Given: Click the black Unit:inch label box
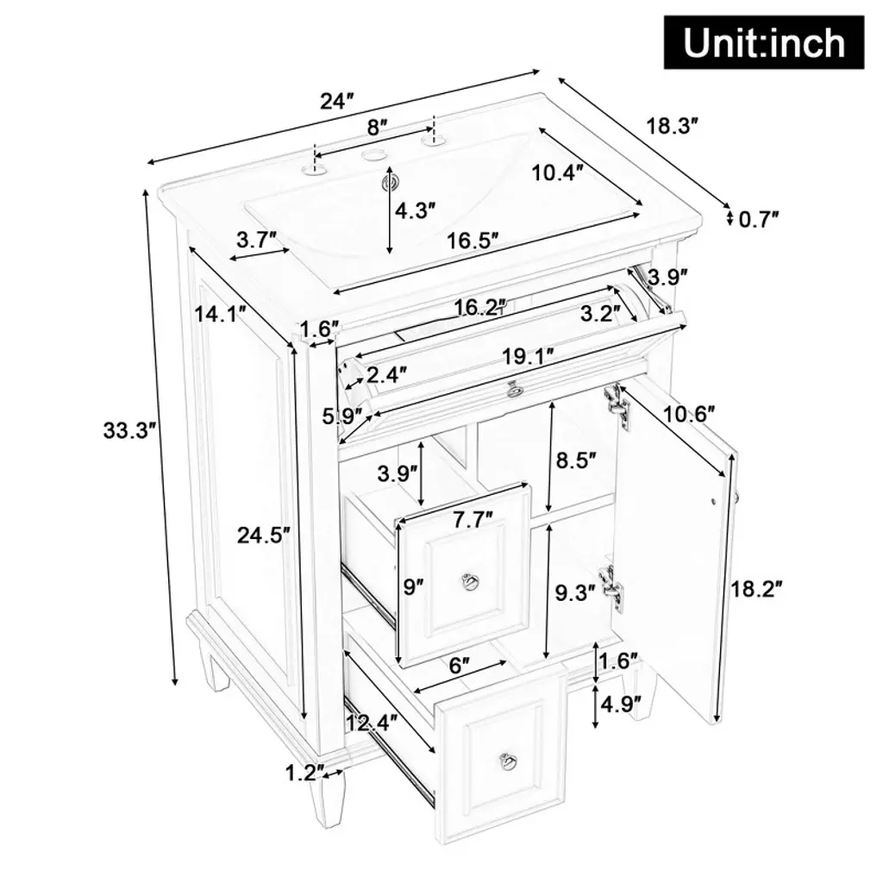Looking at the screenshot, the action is [764, 43].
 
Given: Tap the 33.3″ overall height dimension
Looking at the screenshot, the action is [129, 430].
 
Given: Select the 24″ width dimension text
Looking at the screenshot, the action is [337, 102].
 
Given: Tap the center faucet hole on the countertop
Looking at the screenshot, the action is [371, 155].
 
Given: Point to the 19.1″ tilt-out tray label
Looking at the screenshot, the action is [528, 356].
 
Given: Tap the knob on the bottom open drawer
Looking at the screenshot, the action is [509, 761].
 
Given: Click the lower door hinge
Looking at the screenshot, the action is [612, 589].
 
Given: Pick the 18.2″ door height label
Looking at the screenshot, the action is [756, 589].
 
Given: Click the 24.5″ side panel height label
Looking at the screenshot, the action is [264, 535].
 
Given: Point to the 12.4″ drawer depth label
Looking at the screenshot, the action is [372, 722].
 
